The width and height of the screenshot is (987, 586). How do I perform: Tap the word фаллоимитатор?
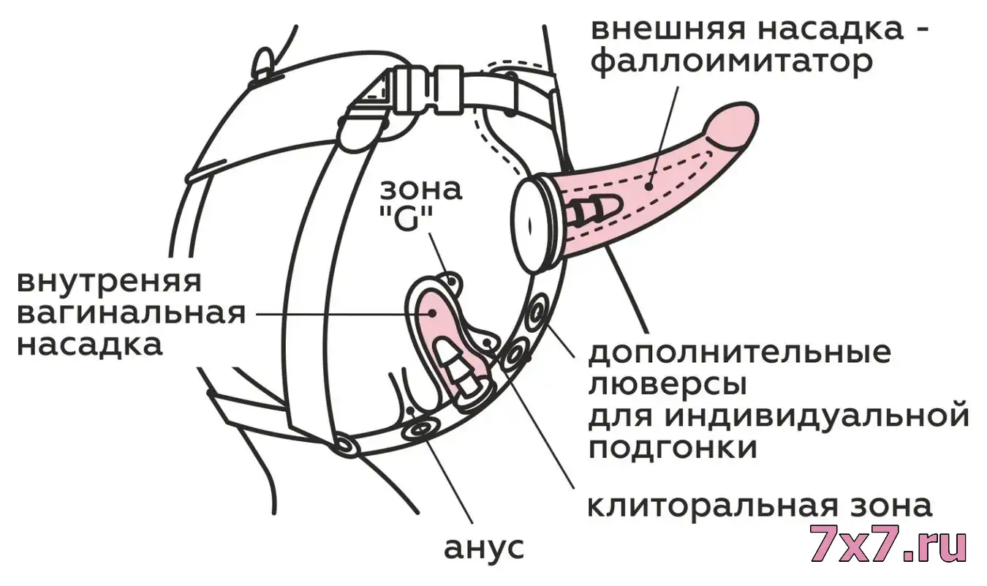point(732,64)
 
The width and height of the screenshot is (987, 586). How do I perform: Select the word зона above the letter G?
point(421,189)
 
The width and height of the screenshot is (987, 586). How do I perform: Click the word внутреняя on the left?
point(109,282)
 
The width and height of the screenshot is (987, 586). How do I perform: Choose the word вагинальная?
point(132,314)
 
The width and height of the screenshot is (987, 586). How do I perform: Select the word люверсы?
point(668,385)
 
